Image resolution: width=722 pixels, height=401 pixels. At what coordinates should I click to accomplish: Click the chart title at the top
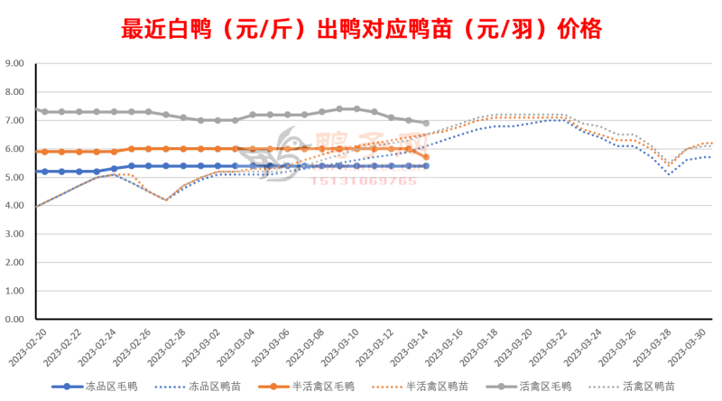tap(361, 30)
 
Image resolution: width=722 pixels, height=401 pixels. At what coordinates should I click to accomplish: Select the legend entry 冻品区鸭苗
tap(217, 387)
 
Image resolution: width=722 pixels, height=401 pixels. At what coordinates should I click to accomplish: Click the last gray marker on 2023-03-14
tap(426, 123)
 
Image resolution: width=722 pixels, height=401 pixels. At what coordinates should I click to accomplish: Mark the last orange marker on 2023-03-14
tap(426, 157)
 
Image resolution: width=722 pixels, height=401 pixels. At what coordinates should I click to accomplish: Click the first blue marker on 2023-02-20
tap(36, 172)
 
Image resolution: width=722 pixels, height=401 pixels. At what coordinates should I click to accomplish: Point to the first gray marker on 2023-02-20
tap(36, 110)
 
